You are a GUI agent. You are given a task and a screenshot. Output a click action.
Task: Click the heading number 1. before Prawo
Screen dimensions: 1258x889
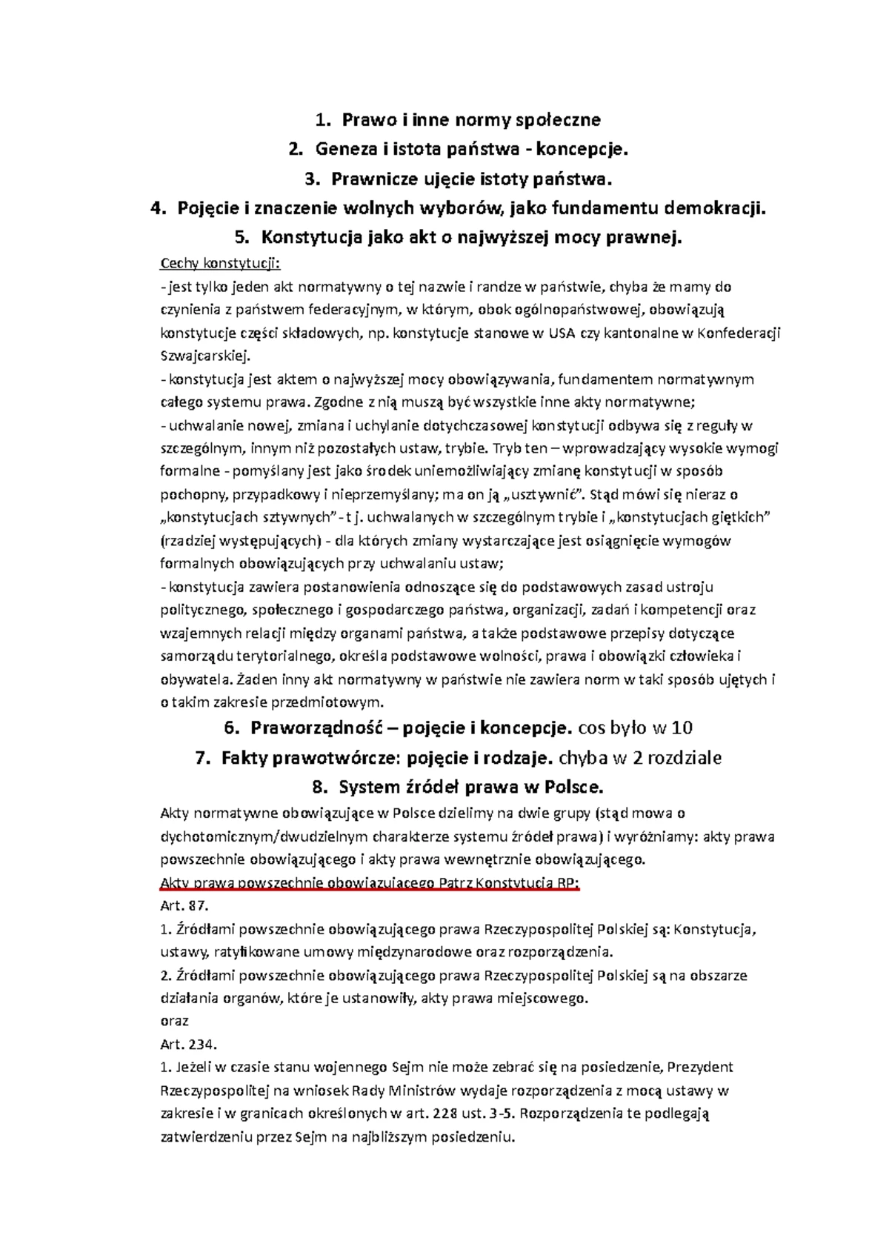(321, 119)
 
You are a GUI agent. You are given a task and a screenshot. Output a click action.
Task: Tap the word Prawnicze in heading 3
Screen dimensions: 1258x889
(367, 179)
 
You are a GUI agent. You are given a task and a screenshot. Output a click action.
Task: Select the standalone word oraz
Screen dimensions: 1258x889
(175, 1021)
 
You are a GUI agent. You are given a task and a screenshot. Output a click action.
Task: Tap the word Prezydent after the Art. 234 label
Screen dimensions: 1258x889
(700, 1068)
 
